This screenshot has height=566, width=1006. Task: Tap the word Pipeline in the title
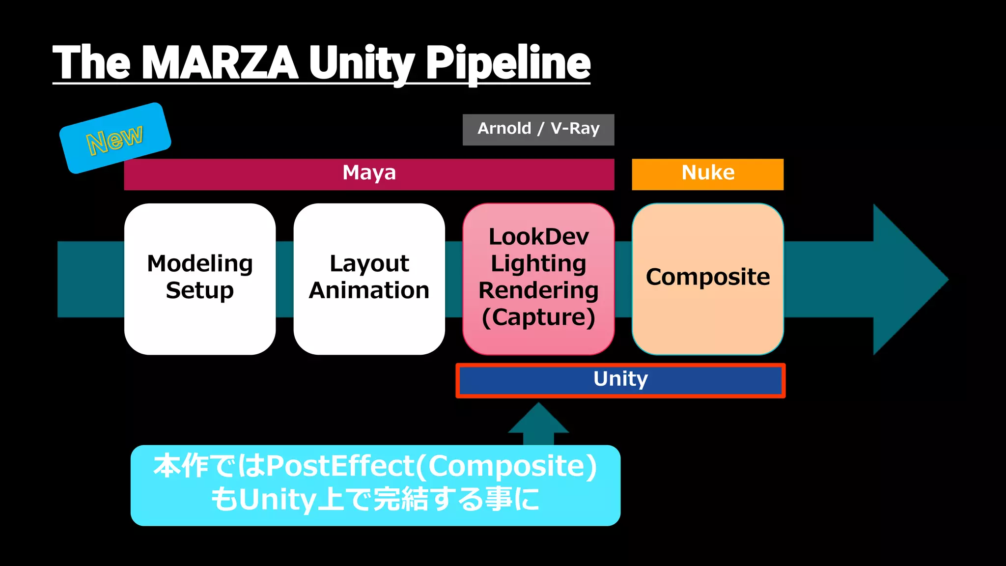[x=507, y=62]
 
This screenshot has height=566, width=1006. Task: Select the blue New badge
[x=115, y=138]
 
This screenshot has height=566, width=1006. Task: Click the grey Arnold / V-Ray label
[x=538, y=129]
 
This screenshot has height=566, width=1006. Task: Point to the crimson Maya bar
[x=369, y=174]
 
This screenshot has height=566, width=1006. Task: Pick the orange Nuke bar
[x=707, y=174]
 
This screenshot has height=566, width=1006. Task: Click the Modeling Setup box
[x=200, y=279]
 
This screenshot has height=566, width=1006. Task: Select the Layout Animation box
[x=369, y=279]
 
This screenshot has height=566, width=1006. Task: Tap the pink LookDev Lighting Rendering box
[x=538, y=279]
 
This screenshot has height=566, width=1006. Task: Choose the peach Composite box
[x=707, y=279]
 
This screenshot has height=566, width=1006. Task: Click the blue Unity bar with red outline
[x=620, y=380]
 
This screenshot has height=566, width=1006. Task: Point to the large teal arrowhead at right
[x=909, y=279]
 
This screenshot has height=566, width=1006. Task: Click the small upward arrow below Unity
[x=538, y=423]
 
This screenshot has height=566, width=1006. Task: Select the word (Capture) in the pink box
[x=538, y=317]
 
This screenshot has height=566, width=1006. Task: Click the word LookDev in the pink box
[x=538, y=237]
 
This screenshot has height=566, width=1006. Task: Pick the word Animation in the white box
[x=369, y=290]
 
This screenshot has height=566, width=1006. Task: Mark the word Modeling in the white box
[x=200, y=264]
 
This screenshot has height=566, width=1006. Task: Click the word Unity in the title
[x=362, y=62]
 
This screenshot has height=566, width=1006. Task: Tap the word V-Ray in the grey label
[x=575, y=129]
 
